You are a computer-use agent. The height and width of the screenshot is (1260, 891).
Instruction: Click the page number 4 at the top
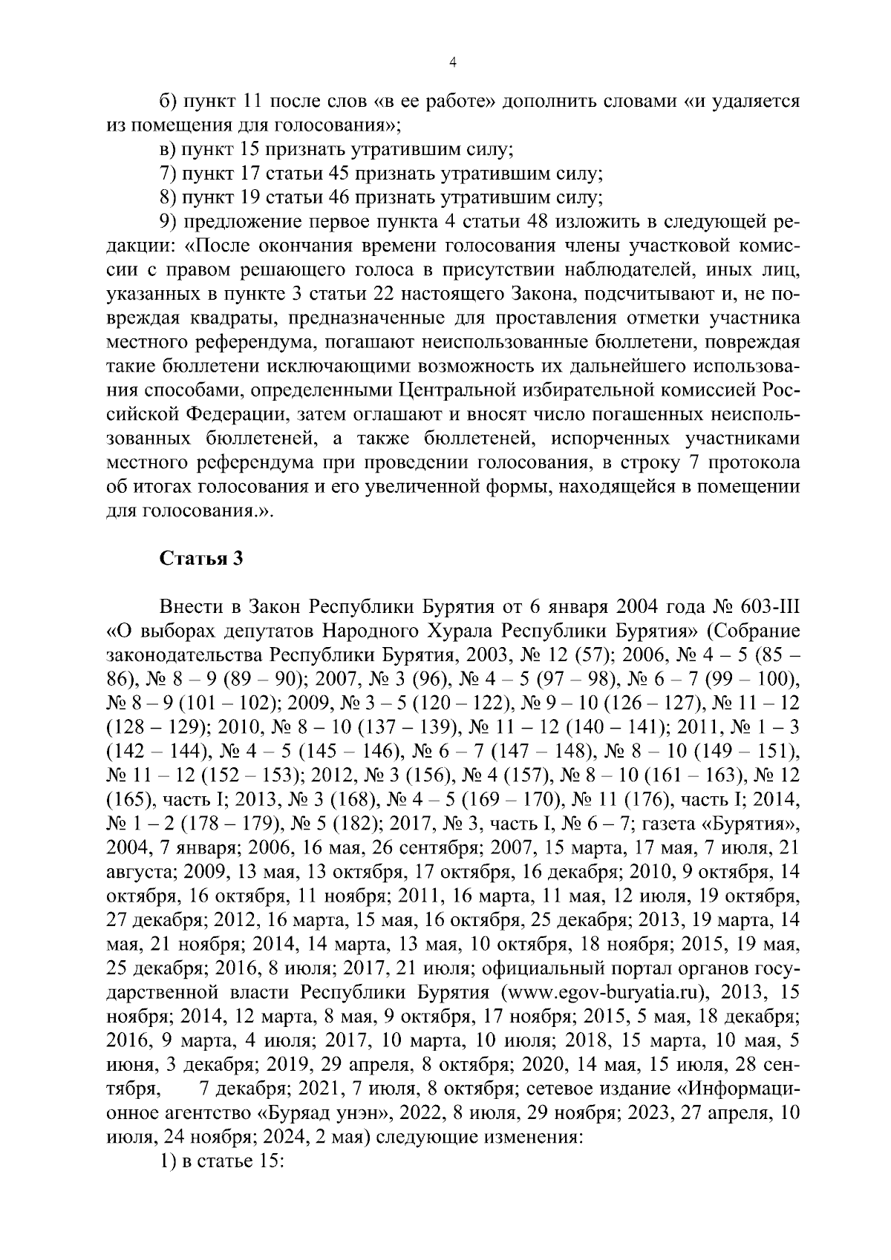pyautogui.click(x=453, y=64)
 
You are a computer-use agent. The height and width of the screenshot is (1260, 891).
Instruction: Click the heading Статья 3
pyautogui.click(x=201, y=559)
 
